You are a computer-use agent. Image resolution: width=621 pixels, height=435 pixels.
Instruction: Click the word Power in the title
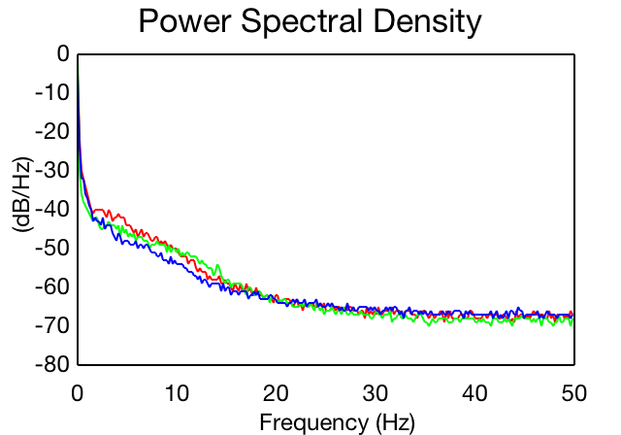185,21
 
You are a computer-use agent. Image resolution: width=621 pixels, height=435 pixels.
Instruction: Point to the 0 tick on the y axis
63,53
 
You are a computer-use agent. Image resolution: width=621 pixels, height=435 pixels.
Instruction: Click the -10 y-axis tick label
52,92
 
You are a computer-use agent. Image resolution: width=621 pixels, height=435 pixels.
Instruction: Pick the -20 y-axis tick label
52,131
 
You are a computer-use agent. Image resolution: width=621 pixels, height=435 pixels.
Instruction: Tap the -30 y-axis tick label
52,170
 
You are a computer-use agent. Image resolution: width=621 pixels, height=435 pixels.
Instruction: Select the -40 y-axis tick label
52,209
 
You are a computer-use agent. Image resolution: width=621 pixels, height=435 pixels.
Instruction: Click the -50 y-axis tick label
52,248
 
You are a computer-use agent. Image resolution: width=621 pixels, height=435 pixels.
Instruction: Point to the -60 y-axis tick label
52,286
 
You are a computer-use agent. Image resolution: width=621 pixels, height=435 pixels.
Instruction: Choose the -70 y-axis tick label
52,325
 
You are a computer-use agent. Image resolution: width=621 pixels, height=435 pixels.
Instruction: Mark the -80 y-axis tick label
52,364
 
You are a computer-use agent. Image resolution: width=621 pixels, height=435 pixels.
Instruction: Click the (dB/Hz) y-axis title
22,195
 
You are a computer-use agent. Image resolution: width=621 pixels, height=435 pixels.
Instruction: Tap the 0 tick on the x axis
78,393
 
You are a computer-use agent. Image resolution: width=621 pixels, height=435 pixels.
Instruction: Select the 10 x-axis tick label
177,393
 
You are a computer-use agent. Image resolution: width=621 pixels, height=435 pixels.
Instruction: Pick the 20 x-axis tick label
276,393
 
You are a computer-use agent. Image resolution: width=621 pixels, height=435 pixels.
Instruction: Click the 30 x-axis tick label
376,393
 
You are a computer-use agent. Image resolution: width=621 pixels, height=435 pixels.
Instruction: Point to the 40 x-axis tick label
474,393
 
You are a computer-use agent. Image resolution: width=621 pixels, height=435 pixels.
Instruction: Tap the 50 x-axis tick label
574,393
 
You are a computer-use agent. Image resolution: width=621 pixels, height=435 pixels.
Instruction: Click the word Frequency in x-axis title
313,423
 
